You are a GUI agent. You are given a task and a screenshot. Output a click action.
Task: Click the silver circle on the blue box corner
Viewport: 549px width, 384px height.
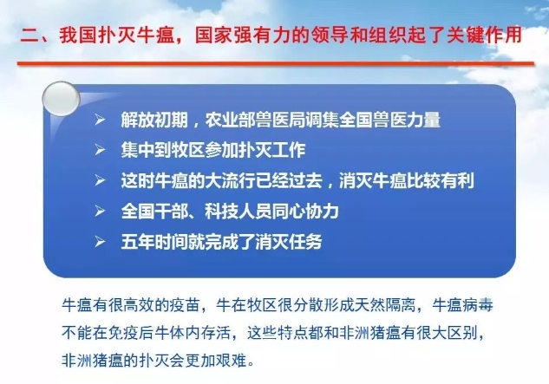tap(61, 99)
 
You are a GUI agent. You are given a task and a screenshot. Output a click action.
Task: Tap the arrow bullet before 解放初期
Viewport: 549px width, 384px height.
tap(100, 120)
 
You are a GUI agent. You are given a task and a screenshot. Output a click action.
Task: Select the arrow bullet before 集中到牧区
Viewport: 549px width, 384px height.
tap(100, 150)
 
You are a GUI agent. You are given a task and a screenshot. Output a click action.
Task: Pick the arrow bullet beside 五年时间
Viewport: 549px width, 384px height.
tap(100, 242)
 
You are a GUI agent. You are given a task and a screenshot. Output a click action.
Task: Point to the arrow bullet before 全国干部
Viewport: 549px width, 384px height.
tap(100, 212)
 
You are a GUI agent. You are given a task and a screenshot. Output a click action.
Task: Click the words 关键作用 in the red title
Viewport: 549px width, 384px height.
tap(485, 36)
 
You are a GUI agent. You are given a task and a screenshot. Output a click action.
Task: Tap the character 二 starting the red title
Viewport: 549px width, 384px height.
tap(29, 36)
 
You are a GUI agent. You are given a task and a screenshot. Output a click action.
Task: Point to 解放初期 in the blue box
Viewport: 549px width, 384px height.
tap(154, 120)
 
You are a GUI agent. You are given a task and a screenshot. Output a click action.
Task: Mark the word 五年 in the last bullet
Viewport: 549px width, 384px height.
tap(138, 242)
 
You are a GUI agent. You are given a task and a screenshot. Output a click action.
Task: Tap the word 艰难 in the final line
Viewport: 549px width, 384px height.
tap(232, 361)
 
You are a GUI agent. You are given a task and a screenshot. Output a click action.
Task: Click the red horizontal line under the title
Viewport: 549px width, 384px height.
tap(276, 63)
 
